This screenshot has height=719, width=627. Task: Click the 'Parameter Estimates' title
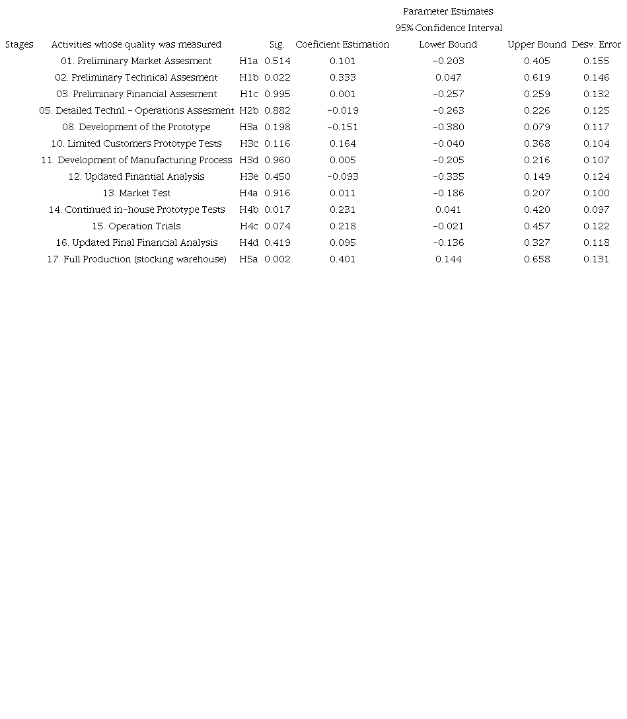pyautogui.click(x=448, y=11)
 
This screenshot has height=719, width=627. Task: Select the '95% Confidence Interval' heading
pyautogui.click(x=449, y=28)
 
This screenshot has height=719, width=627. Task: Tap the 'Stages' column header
pyautogui.click(x=19, y=44)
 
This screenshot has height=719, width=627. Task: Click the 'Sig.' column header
pyautogui.click(x=277, y=44)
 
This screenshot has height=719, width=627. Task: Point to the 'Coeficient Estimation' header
pyautogui.click(x=342, y=44)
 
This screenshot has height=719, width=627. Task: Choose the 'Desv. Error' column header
pyautogui.click(x=596, y=44)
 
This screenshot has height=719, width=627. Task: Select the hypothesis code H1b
pyautogui.click(x=248, y=77)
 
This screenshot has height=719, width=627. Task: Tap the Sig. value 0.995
pyautogui.click(x=277, y=94)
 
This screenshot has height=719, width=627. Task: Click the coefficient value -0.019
pyautogui.click(x=342, y=110)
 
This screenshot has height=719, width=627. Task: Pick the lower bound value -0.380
pyautogui.click(x=448, y=127)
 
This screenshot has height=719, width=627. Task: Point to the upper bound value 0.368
pyautogui.click(x=536, y=143)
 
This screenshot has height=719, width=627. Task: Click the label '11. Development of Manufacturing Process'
pyautogui.click(x=136, y=160)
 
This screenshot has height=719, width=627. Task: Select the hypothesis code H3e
pyautogui.click(x=248, y=176)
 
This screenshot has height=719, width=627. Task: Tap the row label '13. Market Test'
pyautogui.click(x=136, y=193)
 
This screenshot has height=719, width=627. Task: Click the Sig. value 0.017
pyautogui.click(x=277, y=209)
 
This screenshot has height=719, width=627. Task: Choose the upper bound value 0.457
pyautogui.click(x=536, y=226)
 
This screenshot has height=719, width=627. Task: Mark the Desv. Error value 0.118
pyautogui.click(x=596, y=243)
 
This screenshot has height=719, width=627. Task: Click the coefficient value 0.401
pyautogui.click(x=342, y=259)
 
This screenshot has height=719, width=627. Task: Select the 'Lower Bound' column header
pyautogui.click(x=448, y=44)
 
